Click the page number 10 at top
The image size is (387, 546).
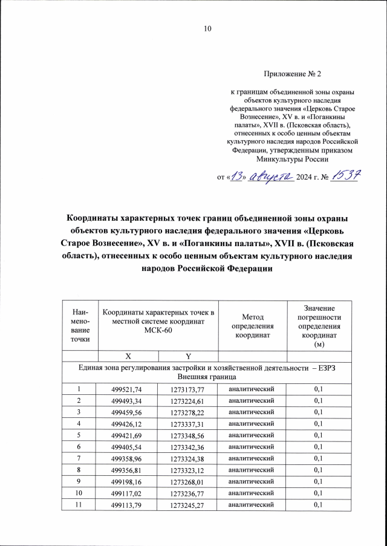208,28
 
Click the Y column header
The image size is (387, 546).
192,355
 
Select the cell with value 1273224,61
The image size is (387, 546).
192,400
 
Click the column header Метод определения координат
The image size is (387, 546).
253,325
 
